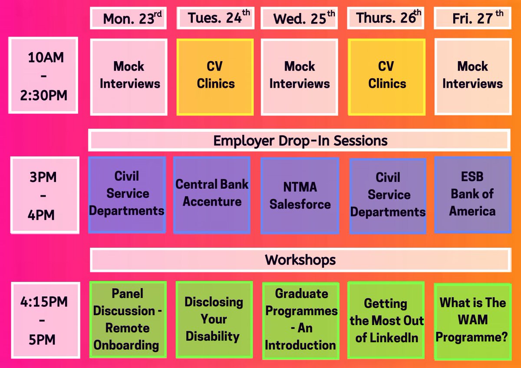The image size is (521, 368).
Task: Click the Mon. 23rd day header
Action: coord(128,18)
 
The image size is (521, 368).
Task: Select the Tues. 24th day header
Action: coord(215,18)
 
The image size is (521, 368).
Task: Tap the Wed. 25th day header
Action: coord(300,18)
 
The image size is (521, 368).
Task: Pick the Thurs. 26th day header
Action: coord(386,18)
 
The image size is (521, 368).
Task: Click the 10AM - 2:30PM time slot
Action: coord(43,76)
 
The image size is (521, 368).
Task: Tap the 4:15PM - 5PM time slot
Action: coord(45,319)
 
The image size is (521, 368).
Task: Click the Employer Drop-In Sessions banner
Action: coord(300,141)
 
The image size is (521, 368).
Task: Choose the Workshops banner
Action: coord(300,260)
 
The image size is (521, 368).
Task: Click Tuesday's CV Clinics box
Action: coord(215,77)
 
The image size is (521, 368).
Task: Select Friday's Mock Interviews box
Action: coord(472,77)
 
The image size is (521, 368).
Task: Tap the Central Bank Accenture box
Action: coord(212,194)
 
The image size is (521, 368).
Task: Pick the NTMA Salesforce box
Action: coord(300,195)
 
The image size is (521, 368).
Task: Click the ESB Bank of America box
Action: coord(472,194)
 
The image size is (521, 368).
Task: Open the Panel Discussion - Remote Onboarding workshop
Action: coord(127,319)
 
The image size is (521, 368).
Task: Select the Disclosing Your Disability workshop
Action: coord(214,319)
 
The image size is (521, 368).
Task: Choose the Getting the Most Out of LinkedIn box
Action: coord(386,320)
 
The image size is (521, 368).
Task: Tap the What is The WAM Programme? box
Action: coord(472,320)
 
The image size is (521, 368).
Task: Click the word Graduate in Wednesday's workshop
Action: coord(301,294)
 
